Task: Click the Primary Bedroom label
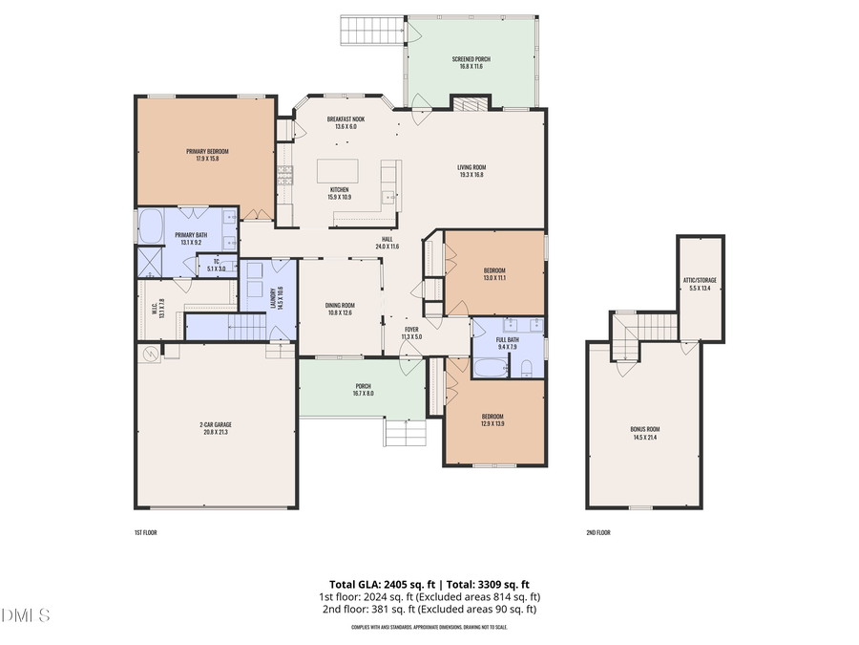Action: click(x=207, y=155)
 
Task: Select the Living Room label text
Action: click(x=471, y=171)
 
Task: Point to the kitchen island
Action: click(x=339, y=171)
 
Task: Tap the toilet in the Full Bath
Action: click(x=525, y=367)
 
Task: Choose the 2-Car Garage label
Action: click(x=217, y=428)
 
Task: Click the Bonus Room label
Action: click(x=645, y=433)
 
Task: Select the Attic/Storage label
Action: click(x=700, y=283)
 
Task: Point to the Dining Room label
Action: click(x=340, y=308)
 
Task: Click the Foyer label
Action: click(x=411, y=333)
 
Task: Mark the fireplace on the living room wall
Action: click(x=470, y=103)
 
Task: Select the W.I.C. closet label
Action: click(x=154, y=309)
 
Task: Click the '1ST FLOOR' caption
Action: click(x=146, y=532)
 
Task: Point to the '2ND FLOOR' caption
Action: click(x=598, y=532)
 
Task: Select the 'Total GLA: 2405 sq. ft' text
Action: click(x=379, y=584)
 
